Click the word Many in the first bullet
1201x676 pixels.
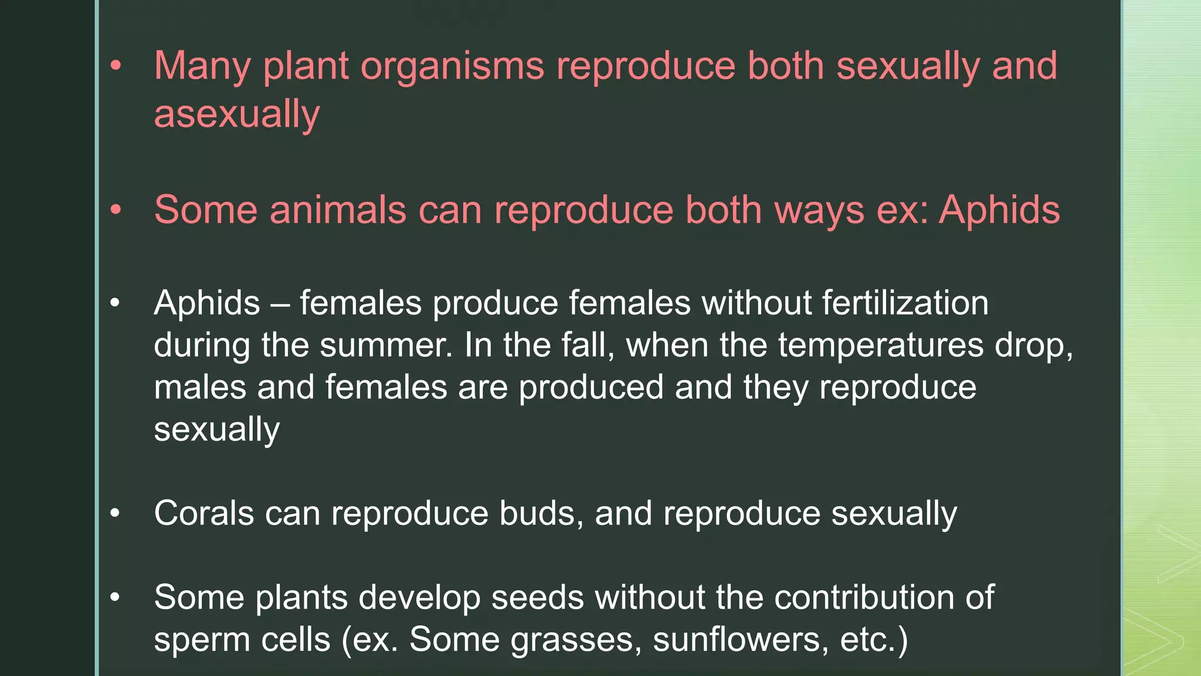[x=202, y=66]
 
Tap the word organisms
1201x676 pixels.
[x=452, y=66]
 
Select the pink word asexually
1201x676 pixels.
[x=237, y=114]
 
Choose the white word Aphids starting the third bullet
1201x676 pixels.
[x=206, y=303]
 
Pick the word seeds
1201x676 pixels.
[x=537, y=597]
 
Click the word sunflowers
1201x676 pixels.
[x=741, y=640]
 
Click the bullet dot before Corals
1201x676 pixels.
[x=115, y=513]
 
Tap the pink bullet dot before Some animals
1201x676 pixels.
[x=116, y=209]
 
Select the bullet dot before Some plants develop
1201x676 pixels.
[x=115, y=597]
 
